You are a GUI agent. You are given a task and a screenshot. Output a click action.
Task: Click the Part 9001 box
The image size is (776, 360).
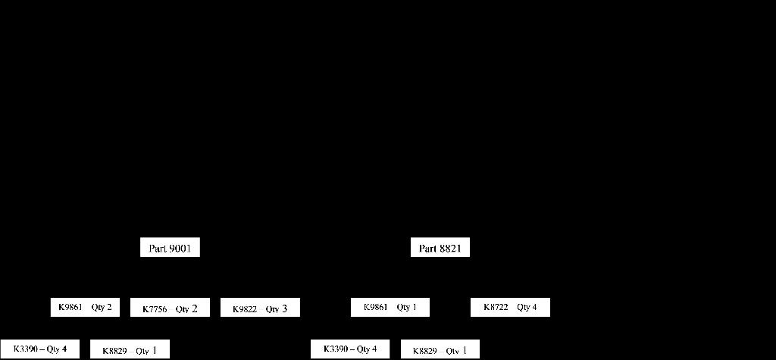click(170, 248)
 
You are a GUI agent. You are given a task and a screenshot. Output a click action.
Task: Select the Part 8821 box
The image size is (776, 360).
click(440, 248)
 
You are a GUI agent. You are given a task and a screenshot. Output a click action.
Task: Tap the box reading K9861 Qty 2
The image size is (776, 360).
click(85, 307)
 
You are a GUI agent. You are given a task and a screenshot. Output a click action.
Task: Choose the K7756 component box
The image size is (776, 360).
click(170, 308)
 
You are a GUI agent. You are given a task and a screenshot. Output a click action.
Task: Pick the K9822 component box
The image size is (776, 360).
click(260, 308)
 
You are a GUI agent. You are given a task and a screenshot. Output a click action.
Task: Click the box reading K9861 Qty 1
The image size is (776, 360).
click(390, 307)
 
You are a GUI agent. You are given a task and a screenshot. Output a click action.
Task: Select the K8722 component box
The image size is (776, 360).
click(510, 307)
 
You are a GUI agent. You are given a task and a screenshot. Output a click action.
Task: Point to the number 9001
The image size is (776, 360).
click(180, 248)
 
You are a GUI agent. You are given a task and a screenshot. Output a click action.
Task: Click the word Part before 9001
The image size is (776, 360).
click(157, 248)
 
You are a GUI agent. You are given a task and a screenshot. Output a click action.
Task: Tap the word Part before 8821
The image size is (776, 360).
click(428, 248)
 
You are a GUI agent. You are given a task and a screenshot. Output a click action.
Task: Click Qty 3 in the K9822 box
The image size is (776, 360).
click(277, 308)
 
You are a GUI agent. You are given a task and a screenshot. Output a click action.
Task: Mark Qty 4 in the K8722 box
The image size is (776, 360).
click(527, 307)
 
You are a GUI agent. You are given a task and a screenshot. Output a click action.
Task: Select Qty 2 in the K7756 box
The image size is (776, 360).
click(186, 308)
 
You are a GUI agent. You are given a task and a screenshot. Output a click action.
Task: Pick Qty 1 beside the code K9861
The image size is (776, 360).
click(407, 307)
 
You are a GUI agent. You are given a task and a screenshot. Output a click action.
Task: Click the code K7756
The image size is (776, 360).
click(155, 309)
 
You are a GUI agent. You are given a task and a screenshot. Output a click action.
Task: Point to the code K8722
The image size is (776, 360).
click(496, 307)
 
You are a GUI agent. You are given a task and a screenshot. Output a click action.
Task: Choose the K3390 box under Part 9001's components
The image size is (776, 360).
click(39, 349)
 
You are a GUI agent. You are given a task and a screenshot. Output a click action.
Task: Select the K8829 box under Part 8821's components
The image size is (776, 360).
click(440, 350)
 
